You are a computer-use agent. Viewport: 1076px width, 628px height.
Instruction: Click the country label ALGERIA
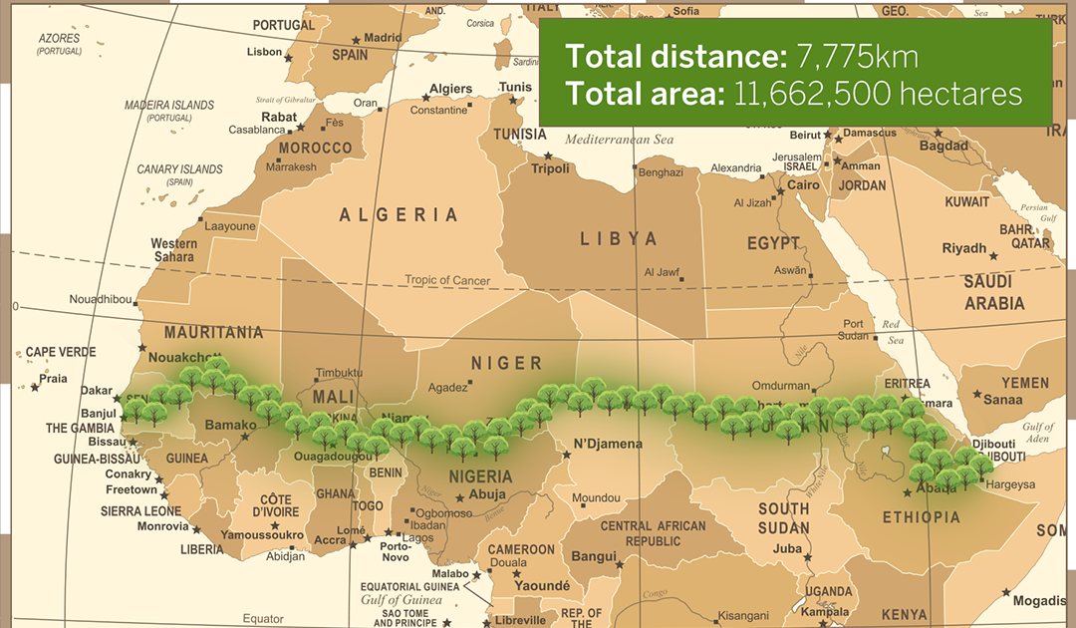[399, 215]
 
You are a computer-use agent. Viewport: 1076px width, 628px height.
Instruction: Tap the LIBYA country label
[620, 239]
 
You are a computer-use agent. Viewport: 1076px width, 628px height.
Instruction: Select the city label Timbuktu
[339, 373]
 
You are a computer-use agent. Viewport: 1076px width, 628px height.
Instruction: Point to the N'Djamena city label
[608, 444]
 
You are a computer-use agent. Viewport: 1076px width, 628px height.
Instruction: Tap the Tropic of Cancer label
[447, 280]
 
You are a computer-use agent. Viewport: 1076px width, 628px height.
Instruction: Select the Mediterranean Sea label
[620, 140]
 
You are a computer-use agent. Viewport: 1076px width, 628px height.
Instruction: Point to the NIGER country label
[506, 363]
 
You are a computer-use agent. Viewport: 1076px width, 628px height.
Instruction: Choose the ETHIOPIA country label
[922, 516]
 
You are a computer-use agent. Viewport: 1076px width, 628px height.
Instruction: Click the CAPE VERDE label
[61, 352]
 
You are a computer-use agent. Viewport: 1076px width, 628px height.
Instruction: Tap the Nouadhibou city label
[100, 299]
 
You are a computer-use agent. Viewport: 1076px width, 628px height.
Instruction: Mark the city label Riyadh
[963, 248]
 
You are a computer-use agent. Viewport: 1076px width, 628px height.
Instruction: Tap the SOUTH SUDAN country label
[784, 518]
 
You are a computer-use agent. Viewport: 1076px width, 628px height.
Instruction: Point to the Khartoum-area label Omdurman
[780, 385]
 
